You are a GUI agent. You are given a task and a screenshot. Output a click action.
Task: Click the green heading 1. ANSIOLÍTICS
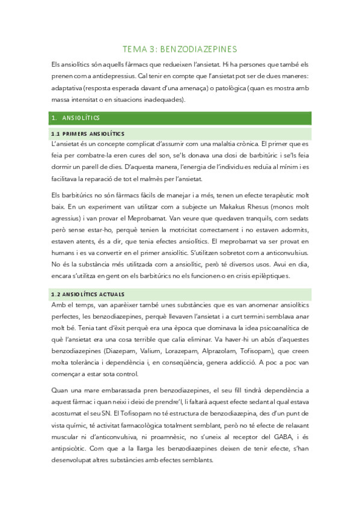(78, 118)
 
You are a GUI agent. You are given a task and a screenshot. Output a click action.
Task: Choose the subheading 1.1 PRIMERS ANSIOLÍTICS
(88, 133)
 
